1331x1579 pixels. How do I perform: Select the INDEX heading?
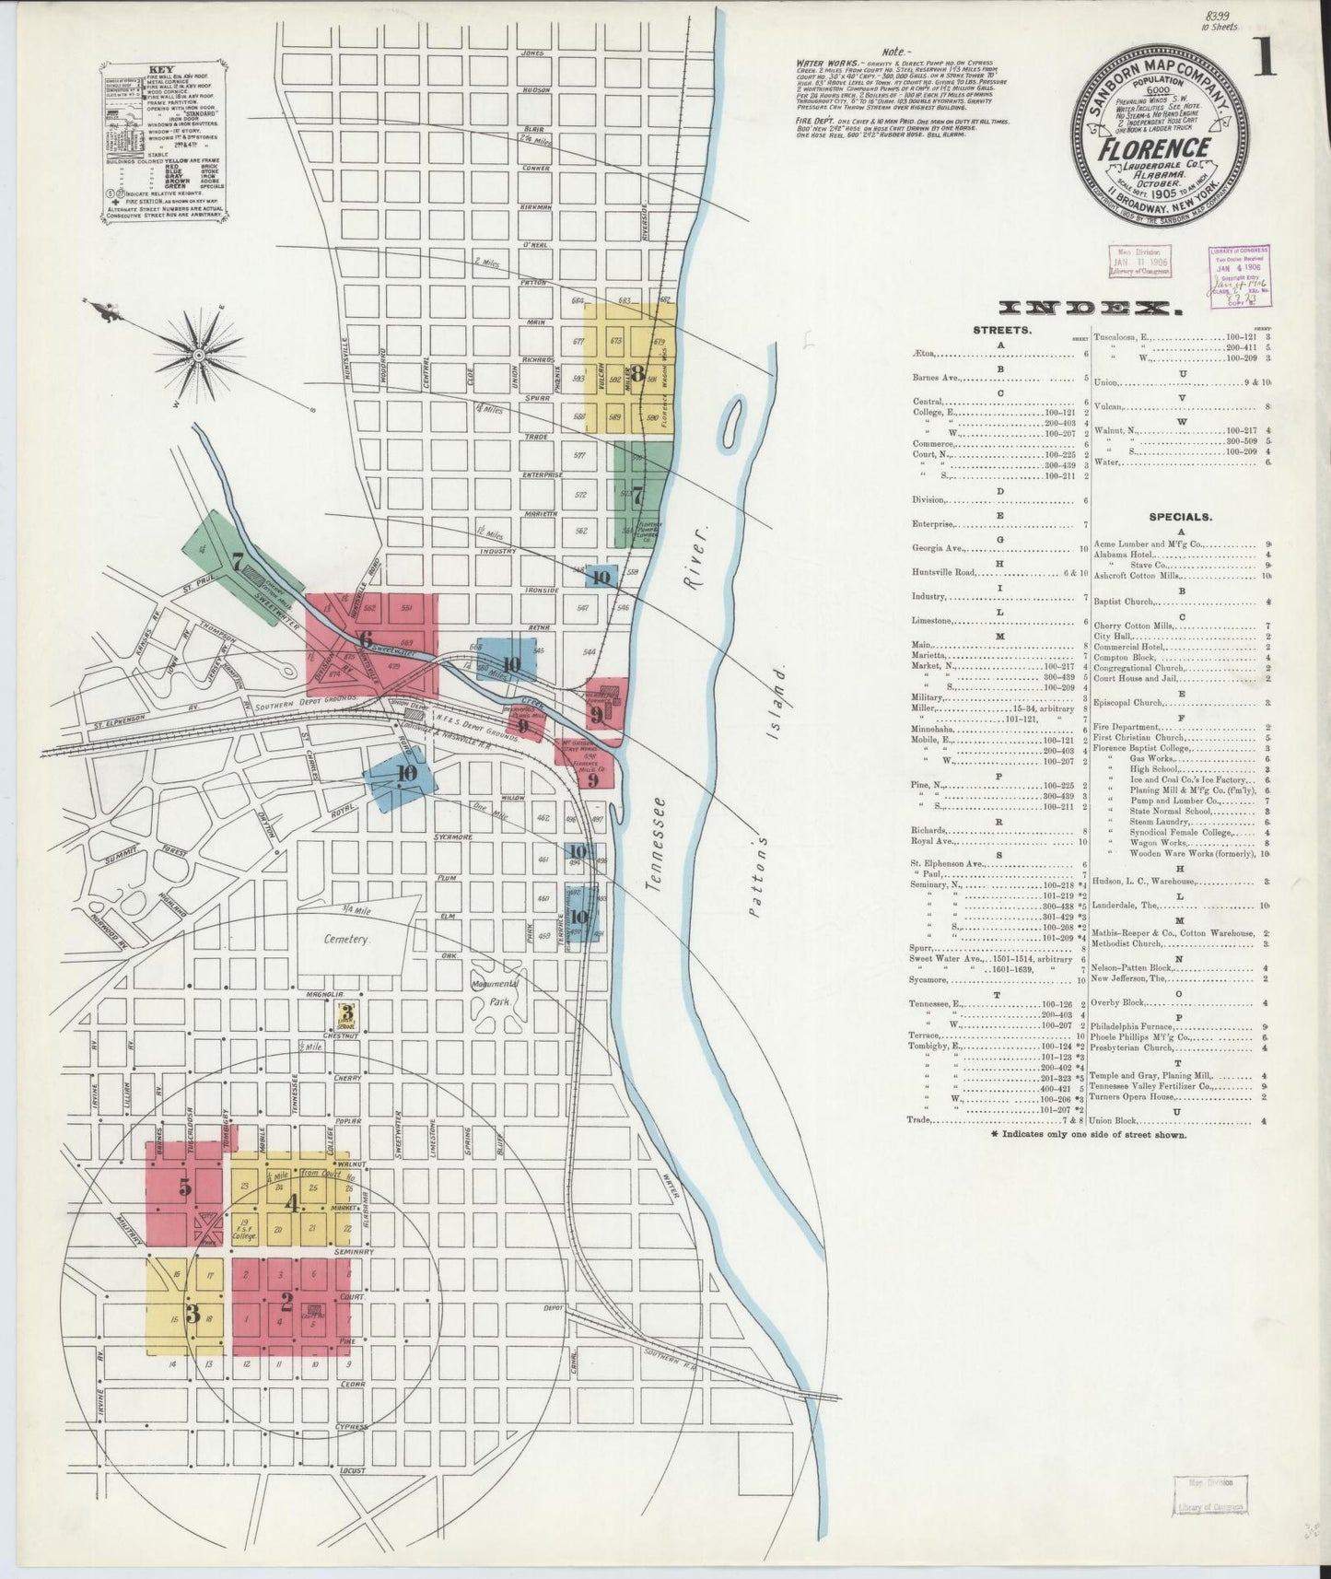click(1091, 309)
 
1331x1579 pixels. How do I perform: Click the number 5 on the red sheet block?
click(185, 1187)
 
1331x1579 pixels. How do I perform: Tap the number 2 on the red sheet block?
click(286, 1302)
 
